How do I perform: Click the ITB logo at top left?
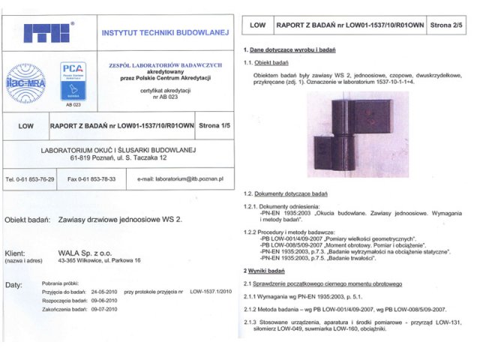click(48, 34)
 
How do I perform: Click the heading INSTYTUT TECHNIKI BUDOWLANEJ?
click(165, 33)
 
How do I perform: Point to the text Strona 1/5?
click(217, 126)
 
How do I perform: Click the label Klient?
click(19, 253)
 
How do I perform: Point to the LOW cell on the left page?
click(25, 126)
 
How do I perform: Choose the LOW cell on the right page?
click(257, 25)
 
